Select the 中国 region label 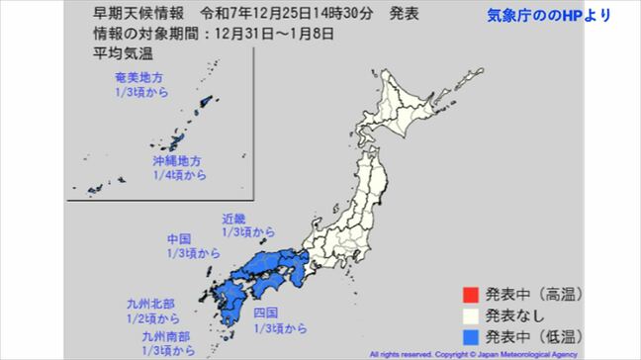(x=179, y=239)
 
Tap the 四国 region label (x=265, y=313)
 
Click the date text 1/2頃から (x=153, y=319)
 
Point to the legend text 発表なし (x=511, y=315)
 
